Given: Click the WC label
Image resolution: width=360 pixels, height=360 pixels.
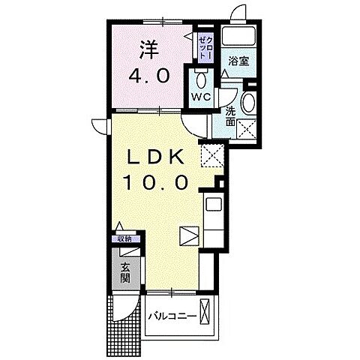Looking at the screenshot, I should (x=201, y=97).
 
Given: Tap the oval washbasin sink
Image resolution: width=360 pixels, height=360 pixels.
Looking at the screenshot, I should (x=250, y=103).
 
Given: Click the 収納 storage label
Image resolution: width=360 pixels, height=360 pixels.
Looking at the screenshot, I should (x=123, y=238).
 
